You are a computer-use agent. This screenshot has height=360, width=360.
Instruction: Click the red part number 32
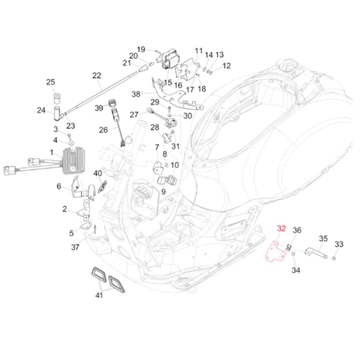coord(281,229)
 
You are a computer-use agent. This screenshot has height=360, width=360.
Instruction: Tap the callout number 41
coord(98,295)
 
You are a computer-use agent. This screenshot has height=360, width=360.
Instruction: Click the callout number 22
coord(97,75)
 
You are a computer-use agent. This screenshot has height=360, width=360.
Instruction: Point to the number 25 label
coord(50,82)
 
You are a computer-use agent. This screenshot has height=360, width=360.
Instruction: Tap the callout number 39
coord(99,107)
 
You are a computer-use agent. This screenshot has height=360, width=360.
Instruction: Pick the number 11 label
coord(199,50)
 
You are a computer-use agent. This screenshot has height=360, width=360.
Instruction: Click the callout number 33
coord(339,244)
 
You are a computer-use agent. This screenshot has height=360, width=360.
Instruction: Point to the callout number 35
coord(323,239)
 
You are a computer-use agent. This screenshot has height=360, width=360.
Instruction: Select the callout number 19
coord(141,49)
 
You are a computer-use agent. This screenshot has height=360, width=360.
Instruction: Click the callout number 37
coord(75,247)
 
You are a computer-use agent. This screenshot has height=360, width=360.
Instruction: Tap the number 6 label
coord(59,187)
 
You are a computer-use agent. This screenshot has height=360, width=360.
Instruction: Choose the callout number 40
coord(98,173)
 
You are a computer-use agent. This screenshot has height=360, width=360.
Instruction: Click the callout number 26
coord(103,130)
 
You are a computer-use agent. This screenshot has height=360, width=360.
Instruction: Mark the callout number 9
coord(163,191)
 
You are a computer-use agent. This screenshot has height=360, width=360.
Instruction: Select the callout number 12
coord(227,65)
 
